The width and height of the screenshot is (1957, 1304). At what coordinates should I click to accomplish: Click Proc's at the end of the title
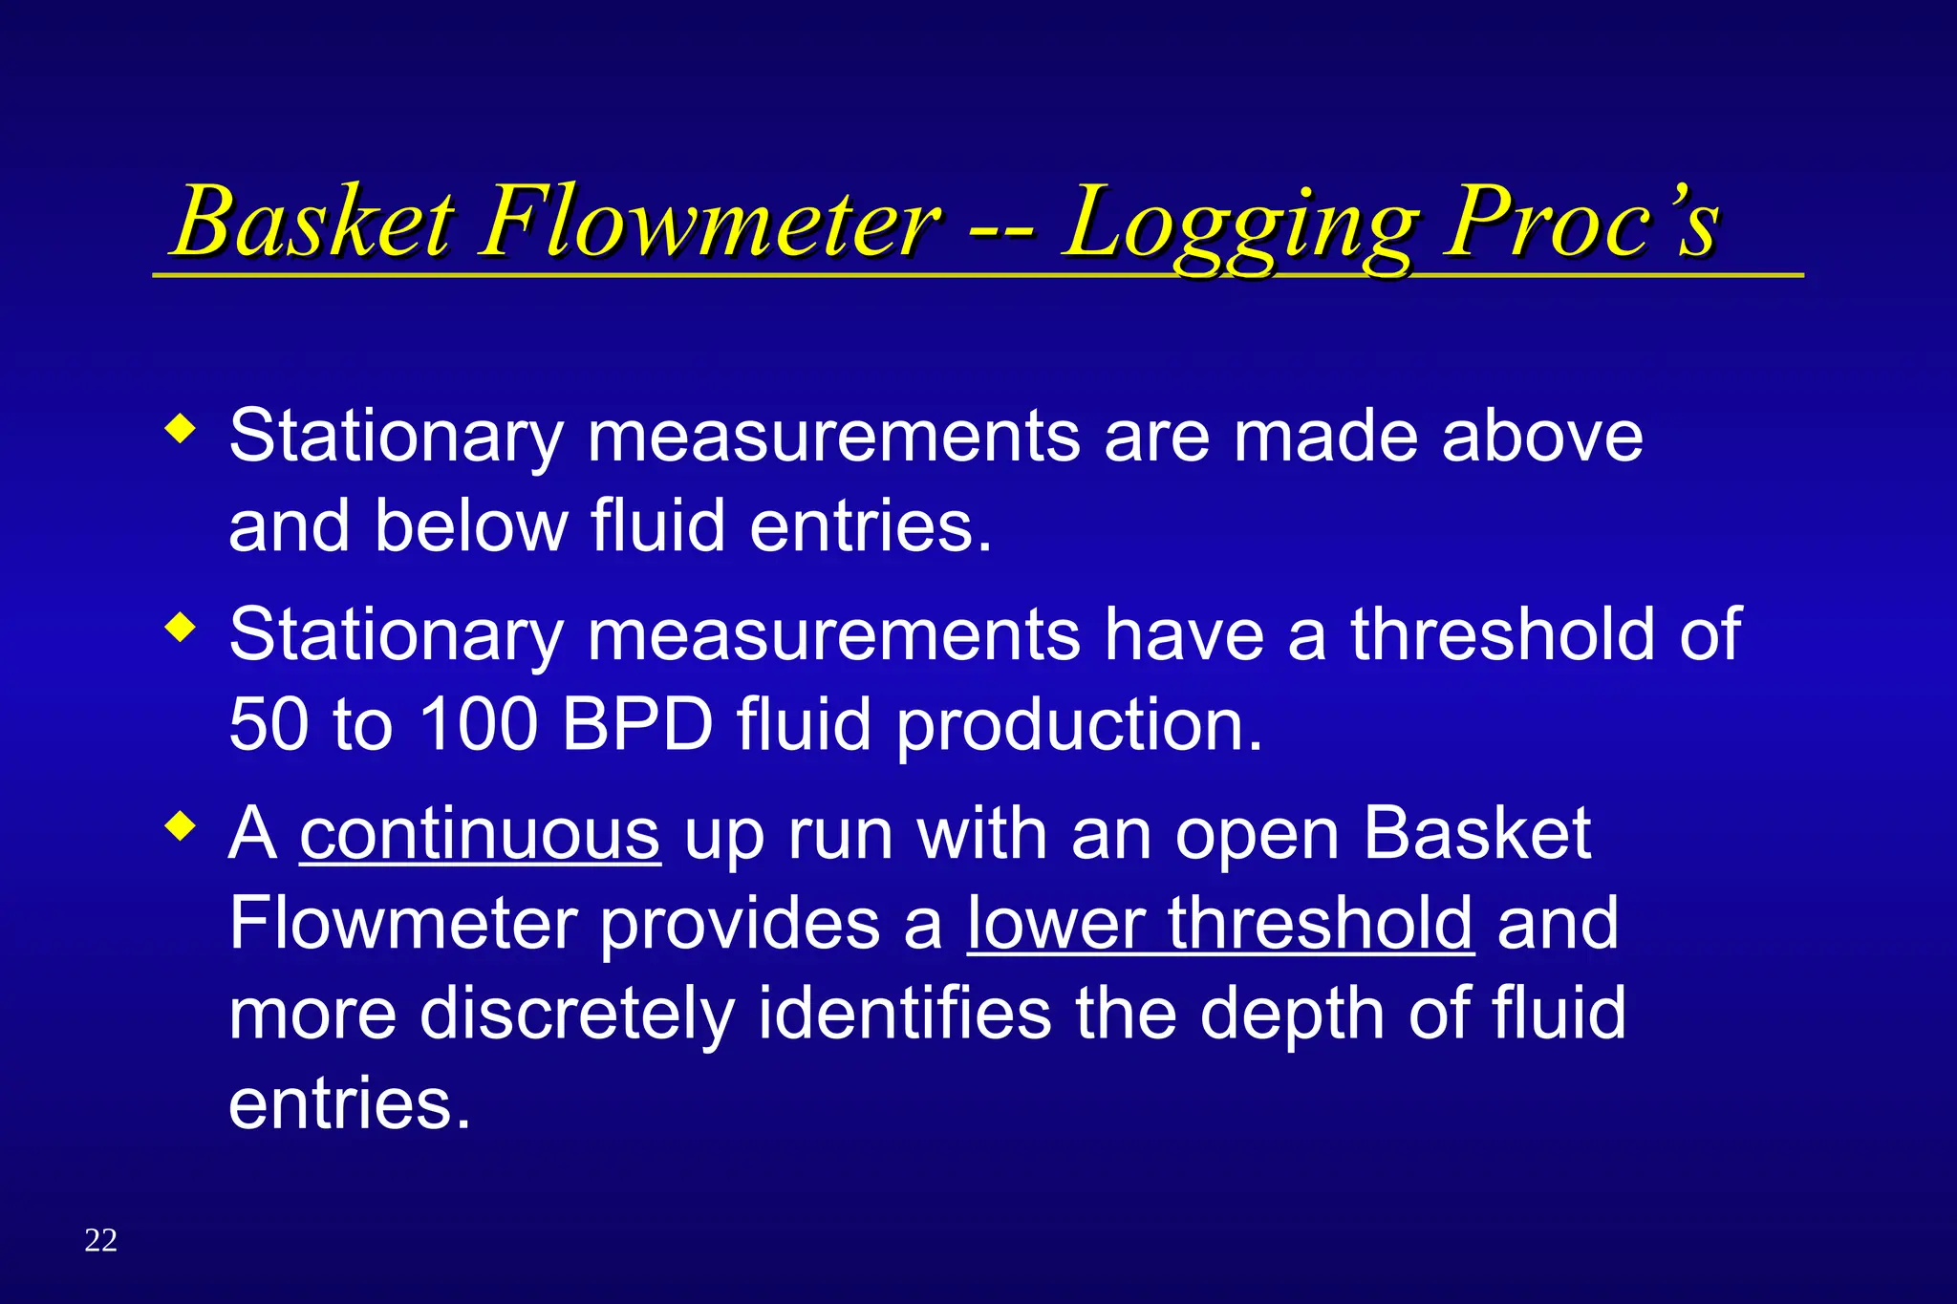1581,222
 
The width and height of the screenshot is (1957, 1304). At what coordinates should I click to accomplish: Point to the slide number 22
100,1240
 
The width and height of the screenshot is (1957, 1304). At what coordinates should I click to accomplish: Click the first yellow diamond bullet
180,428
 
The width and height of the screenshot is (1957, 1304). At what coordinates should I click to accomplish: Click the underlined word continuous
480,834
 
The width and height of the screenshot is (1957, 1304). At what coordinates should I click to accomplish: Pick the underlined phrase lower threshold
1220,924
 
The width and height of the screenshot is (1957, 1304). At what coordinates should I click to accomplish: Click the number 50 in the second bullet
269,724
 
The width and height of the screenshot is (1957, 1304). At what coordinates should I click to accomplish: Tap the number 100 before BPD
478,724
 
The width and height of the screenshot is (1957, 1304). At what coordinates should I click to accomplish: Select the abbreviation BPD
637,724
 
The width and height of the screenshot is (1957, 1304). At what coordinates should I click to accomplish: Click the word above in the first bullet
1541,436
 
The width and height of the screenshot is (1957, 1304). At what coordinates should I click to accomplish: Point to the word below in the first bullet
471,525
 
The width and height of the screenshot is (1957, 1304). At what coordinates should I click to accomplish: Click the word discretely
577,1015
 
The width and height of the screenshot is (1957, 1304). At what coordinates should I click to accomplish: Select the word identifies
904,1013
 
